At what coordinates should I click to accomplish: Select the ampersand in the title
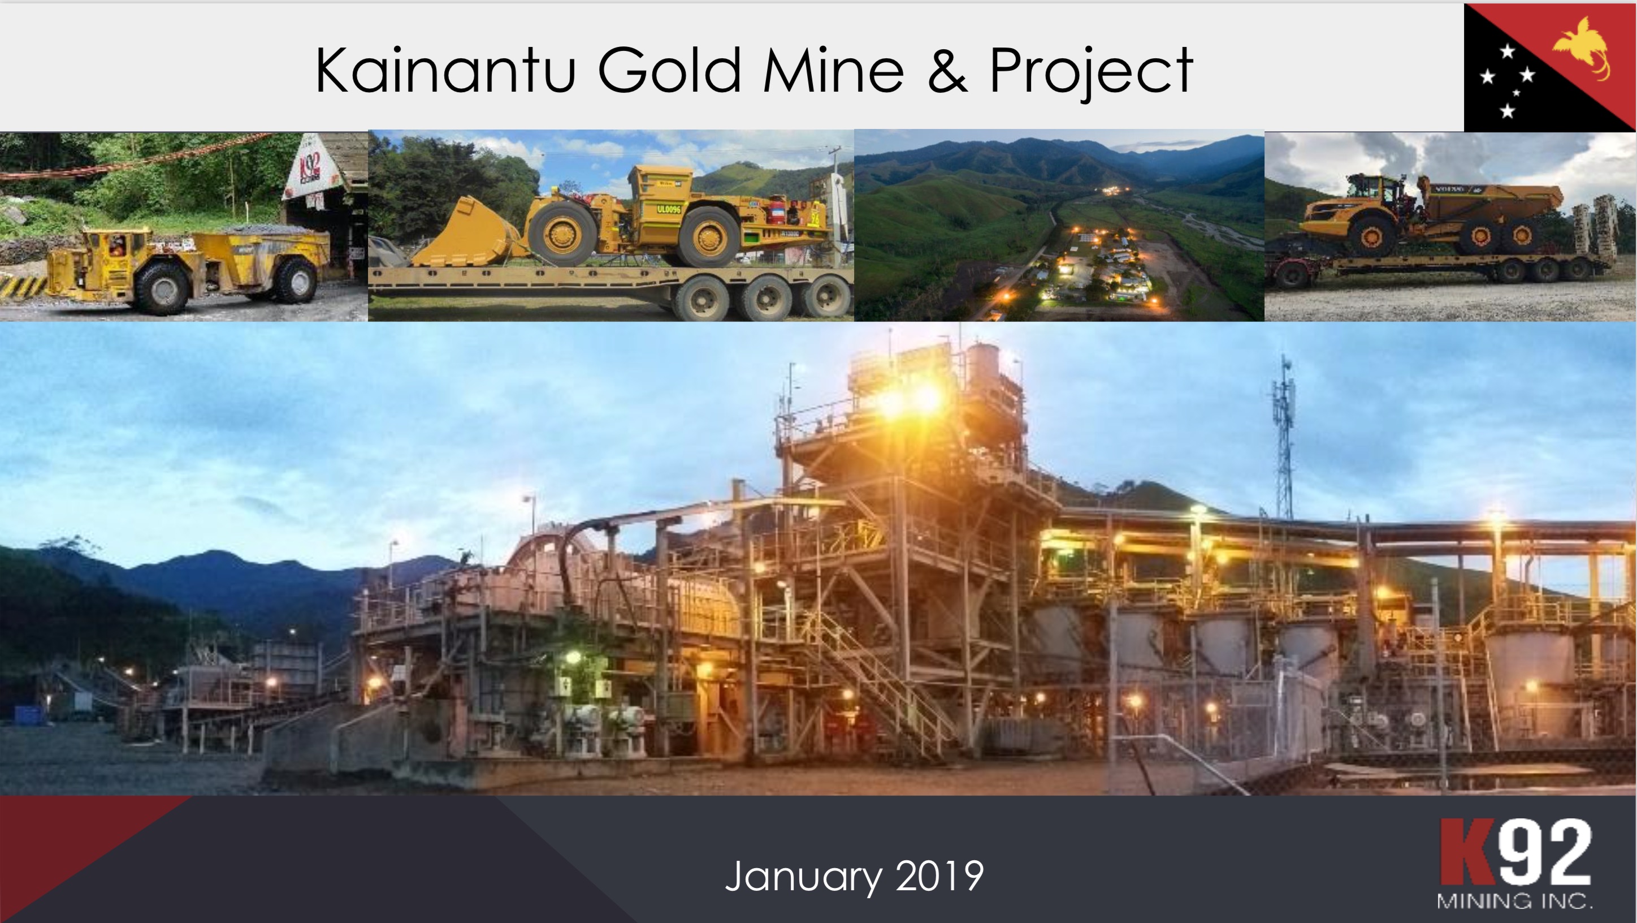coord(947,71)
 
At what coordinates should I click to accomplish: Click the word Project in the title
coord(1090,71)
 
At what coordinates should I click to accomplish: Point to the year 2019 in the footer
coord(940,876)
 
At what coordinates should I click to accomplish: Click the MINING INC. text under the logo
coord(1514,902)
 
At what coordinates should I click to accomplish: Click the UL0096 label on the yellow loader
coord(669,209)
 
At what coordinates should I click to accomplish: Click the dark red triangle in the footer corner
coord(57,839)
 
